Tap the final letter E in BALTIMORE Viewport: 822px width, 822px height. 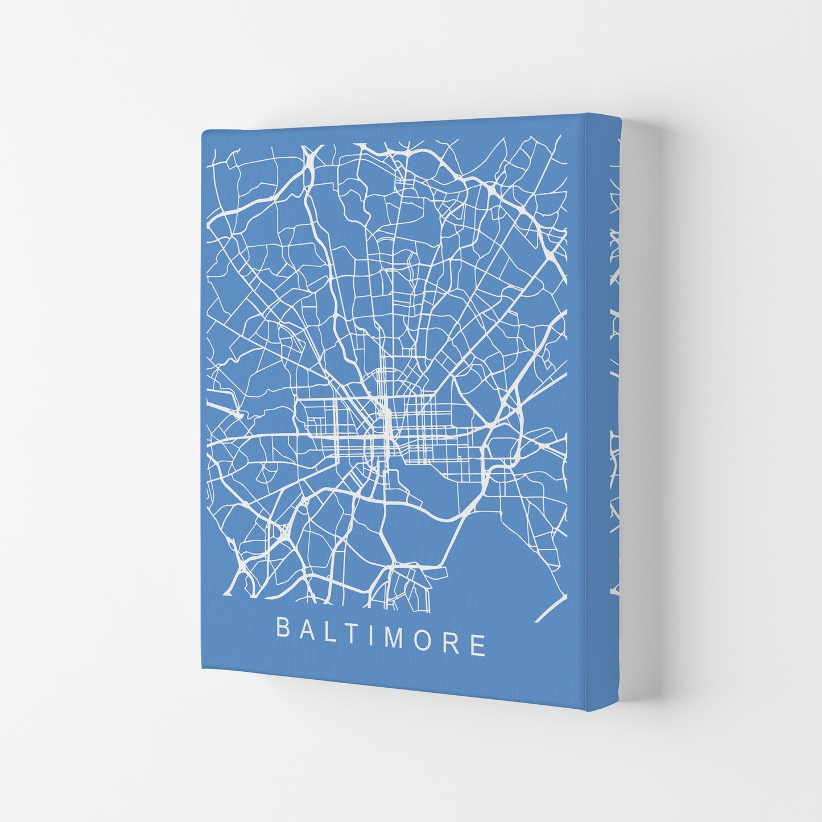478,645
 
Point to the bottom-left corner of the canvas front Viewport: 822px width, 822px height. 203,669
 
